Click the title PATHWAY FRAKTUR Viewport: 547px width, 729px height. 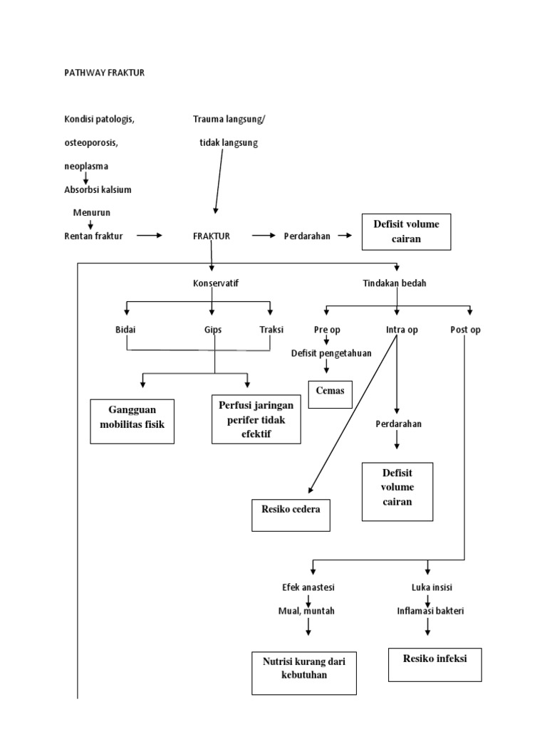[104, 73]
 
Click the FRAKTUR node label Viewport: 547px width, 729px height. [212, 236]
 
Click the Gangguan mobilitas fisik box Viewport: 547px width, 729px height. [132, 421]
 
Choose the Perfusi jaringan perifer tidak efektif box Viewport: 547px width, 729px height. [256, 419]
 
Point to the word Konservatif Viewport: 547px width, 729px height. [216, 283]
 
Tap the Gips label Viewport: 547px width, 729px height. [213, 330]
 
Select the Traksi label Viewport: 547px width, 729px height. [271, 330]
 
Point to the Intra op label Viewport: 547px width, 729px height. [402, 330]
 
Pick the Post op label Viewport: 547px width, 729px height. [466, 330]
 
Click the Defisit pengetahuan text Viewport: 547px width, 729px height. [331, 353]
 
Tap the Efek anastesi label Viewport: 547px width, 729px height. [308, 587]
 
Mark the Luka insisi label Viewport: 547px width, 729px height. [432, 587]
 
